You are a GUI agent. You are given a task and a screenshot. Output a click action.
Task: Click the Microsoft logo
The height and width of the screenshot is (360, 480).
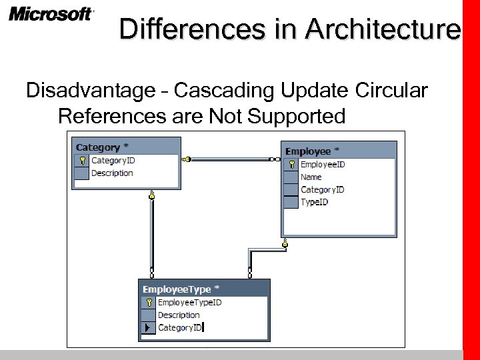tap(51, 15)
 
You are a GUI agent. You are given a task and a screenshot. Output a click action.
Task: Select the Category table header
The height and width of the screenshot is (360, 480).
tap(103, 147)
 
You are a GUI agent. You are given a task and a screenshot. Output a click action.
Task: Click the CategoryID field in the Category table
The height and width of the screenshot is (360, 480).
tap(113, 160)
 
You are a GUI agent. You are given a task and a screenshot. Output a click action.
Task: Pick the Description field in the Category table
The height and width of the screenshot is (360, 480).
tap(112, 173)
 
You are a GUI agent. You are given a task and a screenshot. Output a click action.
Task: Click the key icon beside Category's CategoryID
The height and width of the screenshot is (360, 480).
tap(81, 161)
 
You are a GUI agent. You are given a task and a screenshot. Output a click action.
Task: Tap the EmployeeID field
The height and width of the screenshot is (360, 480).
tap(323, 164)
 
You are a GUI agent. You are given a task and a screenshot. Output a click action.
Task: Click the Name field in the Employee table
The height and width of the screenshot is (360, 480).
tap(311, 177)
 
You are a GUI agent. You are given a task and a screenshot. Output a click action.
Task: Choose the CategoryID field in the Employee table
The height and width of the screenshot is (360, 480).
tap(322, 189)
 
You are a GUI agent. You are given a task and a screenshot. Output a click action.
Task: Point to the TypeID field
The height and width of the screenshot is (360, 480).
tap(314, 202)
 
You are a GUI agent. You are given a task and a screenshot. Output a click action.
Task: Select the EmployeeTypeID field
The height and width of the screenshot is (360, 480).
tap(189, 302)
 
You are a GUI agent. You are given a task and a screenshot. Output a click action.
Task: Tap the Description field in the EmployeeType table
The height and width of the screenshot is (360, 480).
tap(179, 315)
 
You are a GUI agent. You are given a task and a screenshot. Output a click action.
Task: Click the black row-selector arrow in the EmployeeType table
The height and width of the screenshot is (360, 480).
tap(147, 327)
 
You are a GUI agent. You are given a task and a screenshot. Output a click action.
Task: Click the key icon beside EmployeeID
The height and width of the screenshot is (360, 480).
tap(291, 165)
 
